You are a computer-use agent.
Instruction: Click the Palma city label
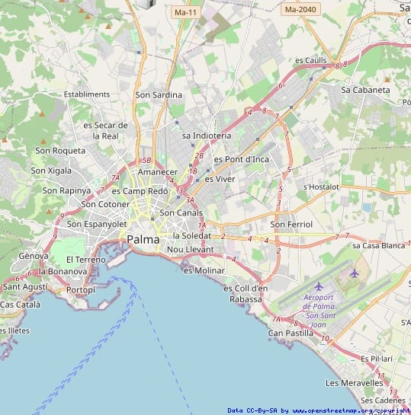143,239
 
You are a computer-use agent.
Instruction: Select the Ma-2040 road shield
300,9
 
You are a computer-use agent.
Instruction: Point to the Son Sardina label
159,95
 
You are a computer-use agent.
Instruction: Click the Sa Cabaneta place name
365,90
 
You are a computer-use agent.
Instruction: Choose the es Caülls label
310,60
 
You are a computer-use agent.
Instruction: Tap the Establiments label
87,94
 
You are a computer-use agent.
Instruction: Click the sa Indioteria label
207,136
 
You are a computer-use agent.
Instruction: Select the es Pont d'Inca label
242,159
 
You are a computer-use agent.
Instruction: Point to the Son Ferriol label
291,225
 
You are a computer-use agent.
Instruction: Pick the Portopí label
81,289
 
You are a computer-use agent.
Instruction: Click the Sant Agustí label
24,286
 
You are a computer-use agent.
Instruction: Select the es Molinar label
204,270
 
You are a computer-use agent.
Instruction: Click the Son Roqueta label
60,151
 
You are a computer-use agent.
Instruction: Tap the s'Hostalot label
320,187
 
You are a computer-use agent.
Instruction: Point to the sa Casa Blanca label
378,245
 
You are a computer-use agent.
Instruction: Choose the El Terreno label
85,259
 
